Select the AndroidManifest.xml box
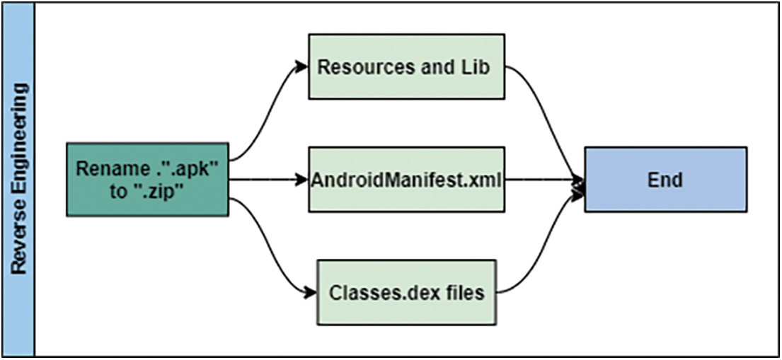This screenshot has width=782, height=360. (406, 179)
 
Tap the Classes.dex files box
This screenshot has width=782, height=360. (406, 292)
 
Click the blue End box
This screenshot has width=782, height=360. (665, 179)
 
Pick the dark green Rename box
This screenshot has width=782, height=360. (147, 179)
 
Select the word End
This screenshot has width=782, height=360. (665, 180)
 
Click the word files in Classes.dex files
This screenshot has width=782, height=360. (466, 292)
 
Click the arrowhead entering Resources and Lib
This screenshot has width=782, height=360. (302, 66)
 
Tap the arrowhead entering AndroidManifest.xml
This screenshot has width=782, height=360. (302, 179)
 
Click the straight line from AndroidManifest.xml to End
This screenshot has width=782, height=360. (541, 179)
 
